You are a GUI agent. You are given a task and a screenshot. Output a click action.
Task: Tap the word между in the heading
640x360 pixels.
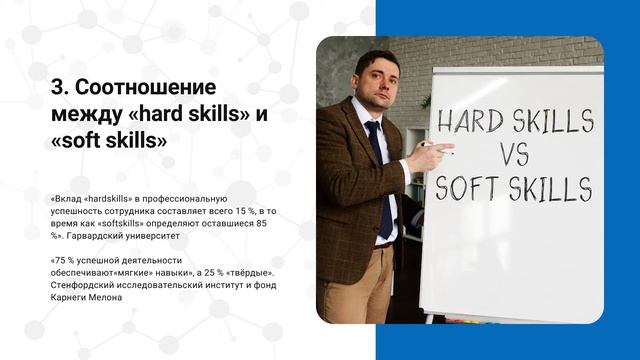point(87,114)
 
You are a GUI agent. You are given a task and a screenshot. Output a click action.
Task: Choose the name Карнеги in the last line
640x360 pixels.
point(67,297)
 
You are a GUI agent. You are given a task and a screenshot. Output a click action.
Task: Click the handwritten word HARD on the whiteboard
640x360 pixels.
point(466,124)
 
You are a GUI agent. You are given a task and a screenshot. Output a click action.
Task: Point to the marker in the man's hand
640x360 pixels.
point(432,145)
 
